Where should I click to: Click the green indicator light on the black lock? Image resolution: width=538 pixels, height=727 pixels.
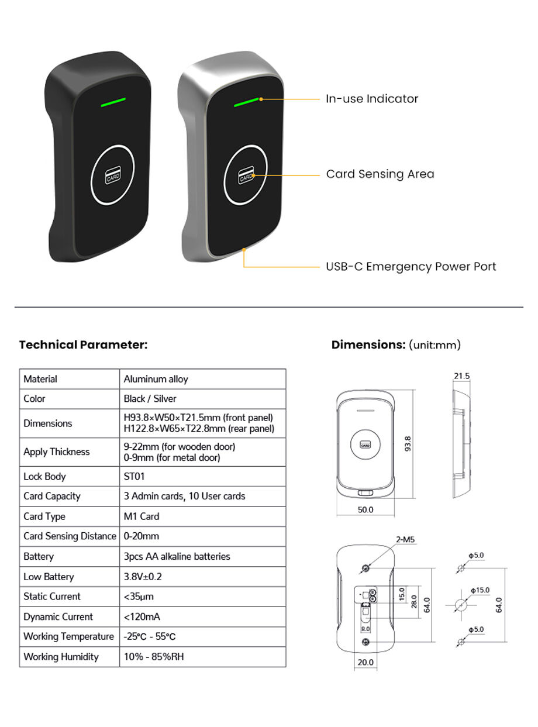pyautogui.click(x=113, y=102)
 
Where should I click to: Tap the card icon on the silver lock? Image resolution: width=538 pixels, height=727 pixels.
pyautogui.click(x=246, y=176)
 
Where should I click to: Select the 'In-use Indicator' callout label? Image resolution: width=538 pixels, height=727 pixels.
pyautogui.click(x=372, y=99)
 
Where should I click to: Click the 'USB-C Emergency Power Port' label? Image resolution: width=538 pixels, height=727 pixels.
pyautogui.click(x=411, y=267)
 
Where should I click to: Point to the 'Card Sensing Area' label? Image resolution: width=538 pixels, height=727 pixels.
pyautogui.click(x=380, y=174)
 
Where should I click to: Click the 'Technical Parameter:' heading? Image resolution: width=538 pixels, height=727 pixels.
pyautogui.click(x=83, y=344)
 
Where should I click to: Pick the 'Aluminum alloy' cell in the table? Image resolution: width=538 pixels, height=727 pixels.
pyautogui.click(x=156, y=379)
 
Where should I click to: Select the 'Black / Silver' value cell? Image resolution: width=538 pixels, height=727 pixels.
pyautogui.click(x=150, y=399)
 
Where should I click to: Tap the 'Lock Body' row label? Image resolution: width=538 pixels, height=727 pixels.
pyautogui.click(x=44, y=476)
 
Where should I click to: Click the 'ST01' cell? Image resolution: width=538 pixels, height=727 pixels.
pyautogui.click(x=134, y=476)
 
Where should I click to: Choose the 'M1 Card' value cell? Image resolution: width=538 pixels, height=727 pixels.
pyautogui.click(x=142, y=516)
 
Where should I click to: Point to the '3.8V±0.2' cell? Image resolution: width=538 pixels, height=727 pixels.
pyautogui.click(x=143, y=577)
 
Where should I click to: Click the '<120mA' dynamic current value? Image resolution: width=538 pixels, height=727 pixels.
pyautogui.click(x=142, y=616)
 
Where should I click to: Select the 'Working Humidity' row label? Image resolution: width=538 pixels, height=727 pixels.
pyautogui.click(x=61, y=656)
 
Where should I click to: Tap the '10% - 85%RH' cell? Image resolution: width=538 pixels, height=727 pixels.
pyautogui.click(x=154, y=656)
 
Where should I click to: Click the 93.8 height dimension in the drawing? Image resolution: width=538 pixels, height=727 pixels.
pyautogui.click(x=408, y=443)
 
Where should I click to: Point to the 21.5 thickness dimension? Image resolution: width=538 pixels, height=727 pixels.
pyautogui.click(x=461, y=376)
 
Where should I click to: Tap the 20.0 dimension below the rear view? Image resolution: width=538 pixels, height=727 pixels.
pyautogui.click(x=365, y=662)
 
